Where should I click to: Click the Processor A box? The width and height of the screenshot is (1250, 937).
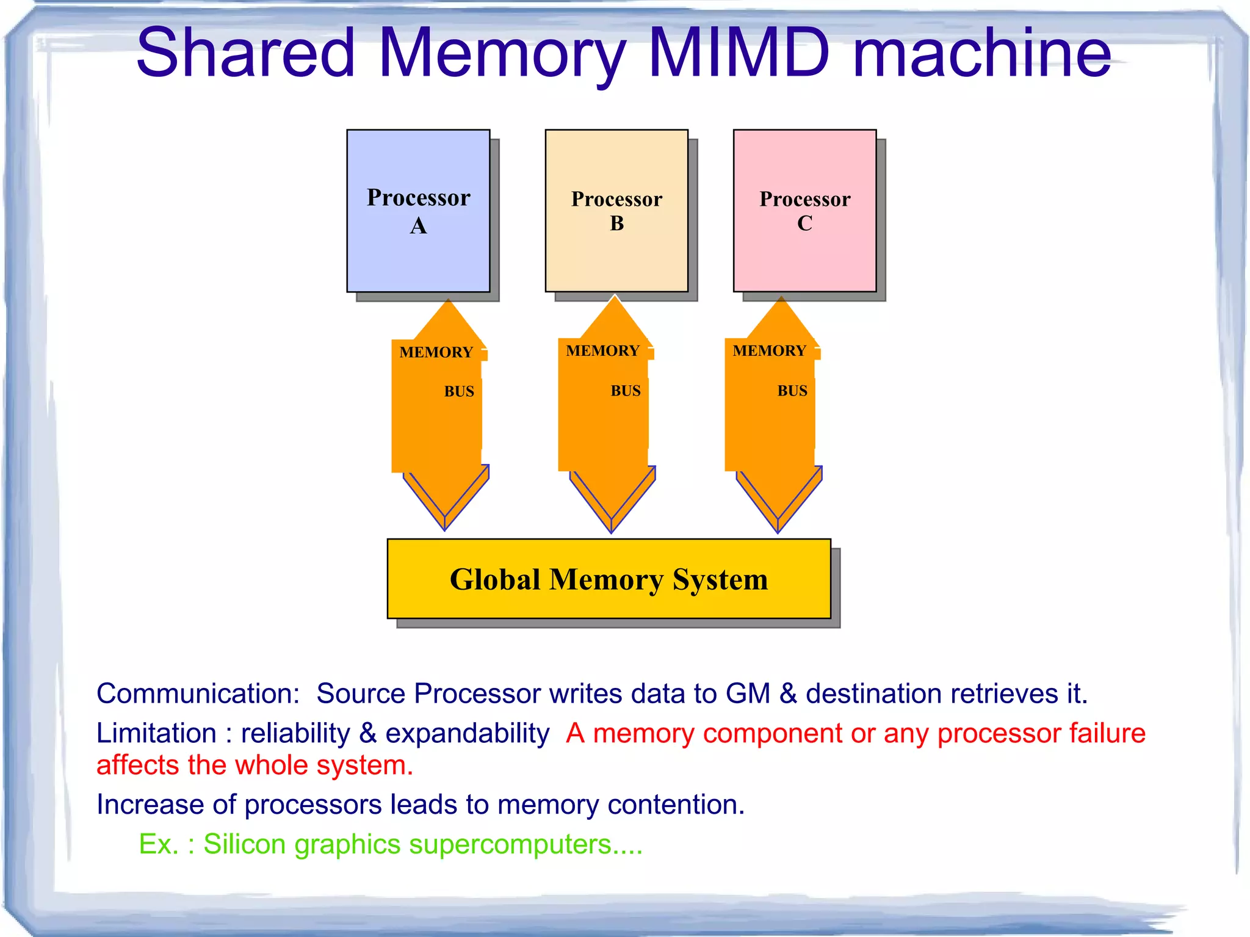pyautogui.click(x=418, y=211)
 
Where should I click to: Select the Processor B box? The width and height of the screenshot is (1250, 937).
pyautogui.click(x=616, y=211)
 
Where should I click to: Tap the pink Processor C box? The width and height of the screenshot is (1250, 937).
pyautogui.click(x=804, y=211)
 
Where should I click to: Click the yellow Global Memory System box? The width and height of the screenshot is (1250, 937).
pyautogui.click(x=609, y=579)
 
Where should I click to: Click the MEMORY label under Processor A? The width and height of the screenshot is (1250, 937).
pyautogui.click(x=436, y=352)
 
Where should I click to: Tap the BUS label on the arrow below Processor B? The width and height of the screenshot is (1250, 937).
pyautogui.click(x=626, y=391)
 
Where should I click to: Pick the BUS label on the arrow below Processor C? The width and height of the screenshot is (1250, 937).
pyautogui.click(x=792, y=391)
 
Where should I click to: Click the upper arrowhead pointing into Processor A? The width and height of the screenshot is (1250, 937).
pyautogui.click(x=449, y=320)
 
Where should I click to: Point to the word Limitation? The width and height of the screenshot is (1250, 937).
pyautogui.click(x=156, y=733)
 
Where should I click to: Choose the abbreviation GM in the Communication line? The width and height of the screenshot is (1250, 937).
pyautogui.click(x=748, y=694)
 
